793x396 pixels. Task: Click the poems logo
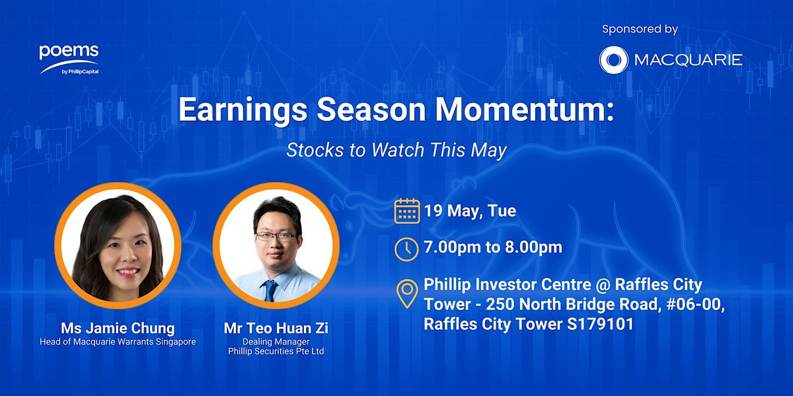pos(69,59)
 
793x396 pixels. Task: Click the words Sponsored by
pos(640,29)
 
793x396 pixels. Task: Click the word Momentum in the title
pos(524,110)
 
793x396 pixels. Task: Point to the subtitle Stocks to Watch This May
pos(397,150)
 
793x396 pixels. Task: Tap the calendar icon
pos(407,211)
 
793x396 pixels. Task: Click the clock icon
pos(407,249)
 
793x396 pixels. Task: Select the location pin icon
pos(407,294)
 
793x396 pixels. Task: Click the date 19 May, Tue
pos(470,211)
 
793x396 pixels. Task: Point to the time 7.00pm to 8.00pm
pos(493,247)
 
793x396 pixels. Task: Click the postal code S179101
pos(600,324)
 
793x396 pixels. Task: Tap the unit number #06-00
pos(695,304)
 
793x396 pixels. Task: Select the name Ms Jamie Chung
pos(118,328)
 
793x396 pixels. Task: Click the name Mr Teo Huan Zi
pos(276,328)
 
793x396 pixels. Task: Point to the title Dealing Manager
pos(276,342)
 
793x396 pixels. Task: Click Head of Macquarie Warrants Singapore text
pos(118,342)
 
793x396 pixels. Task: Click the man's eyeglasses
pos(276,236)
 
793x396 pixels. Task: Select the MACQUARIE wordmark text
pos(688,60)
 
